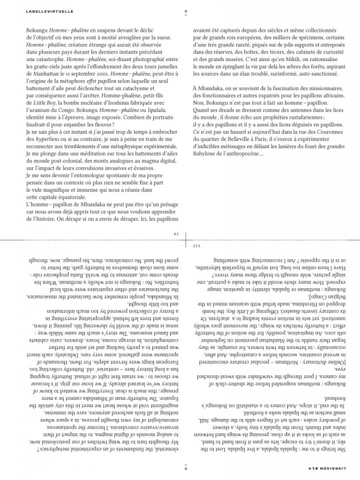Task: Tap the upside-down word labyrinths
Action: click(x=216, y=266)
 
